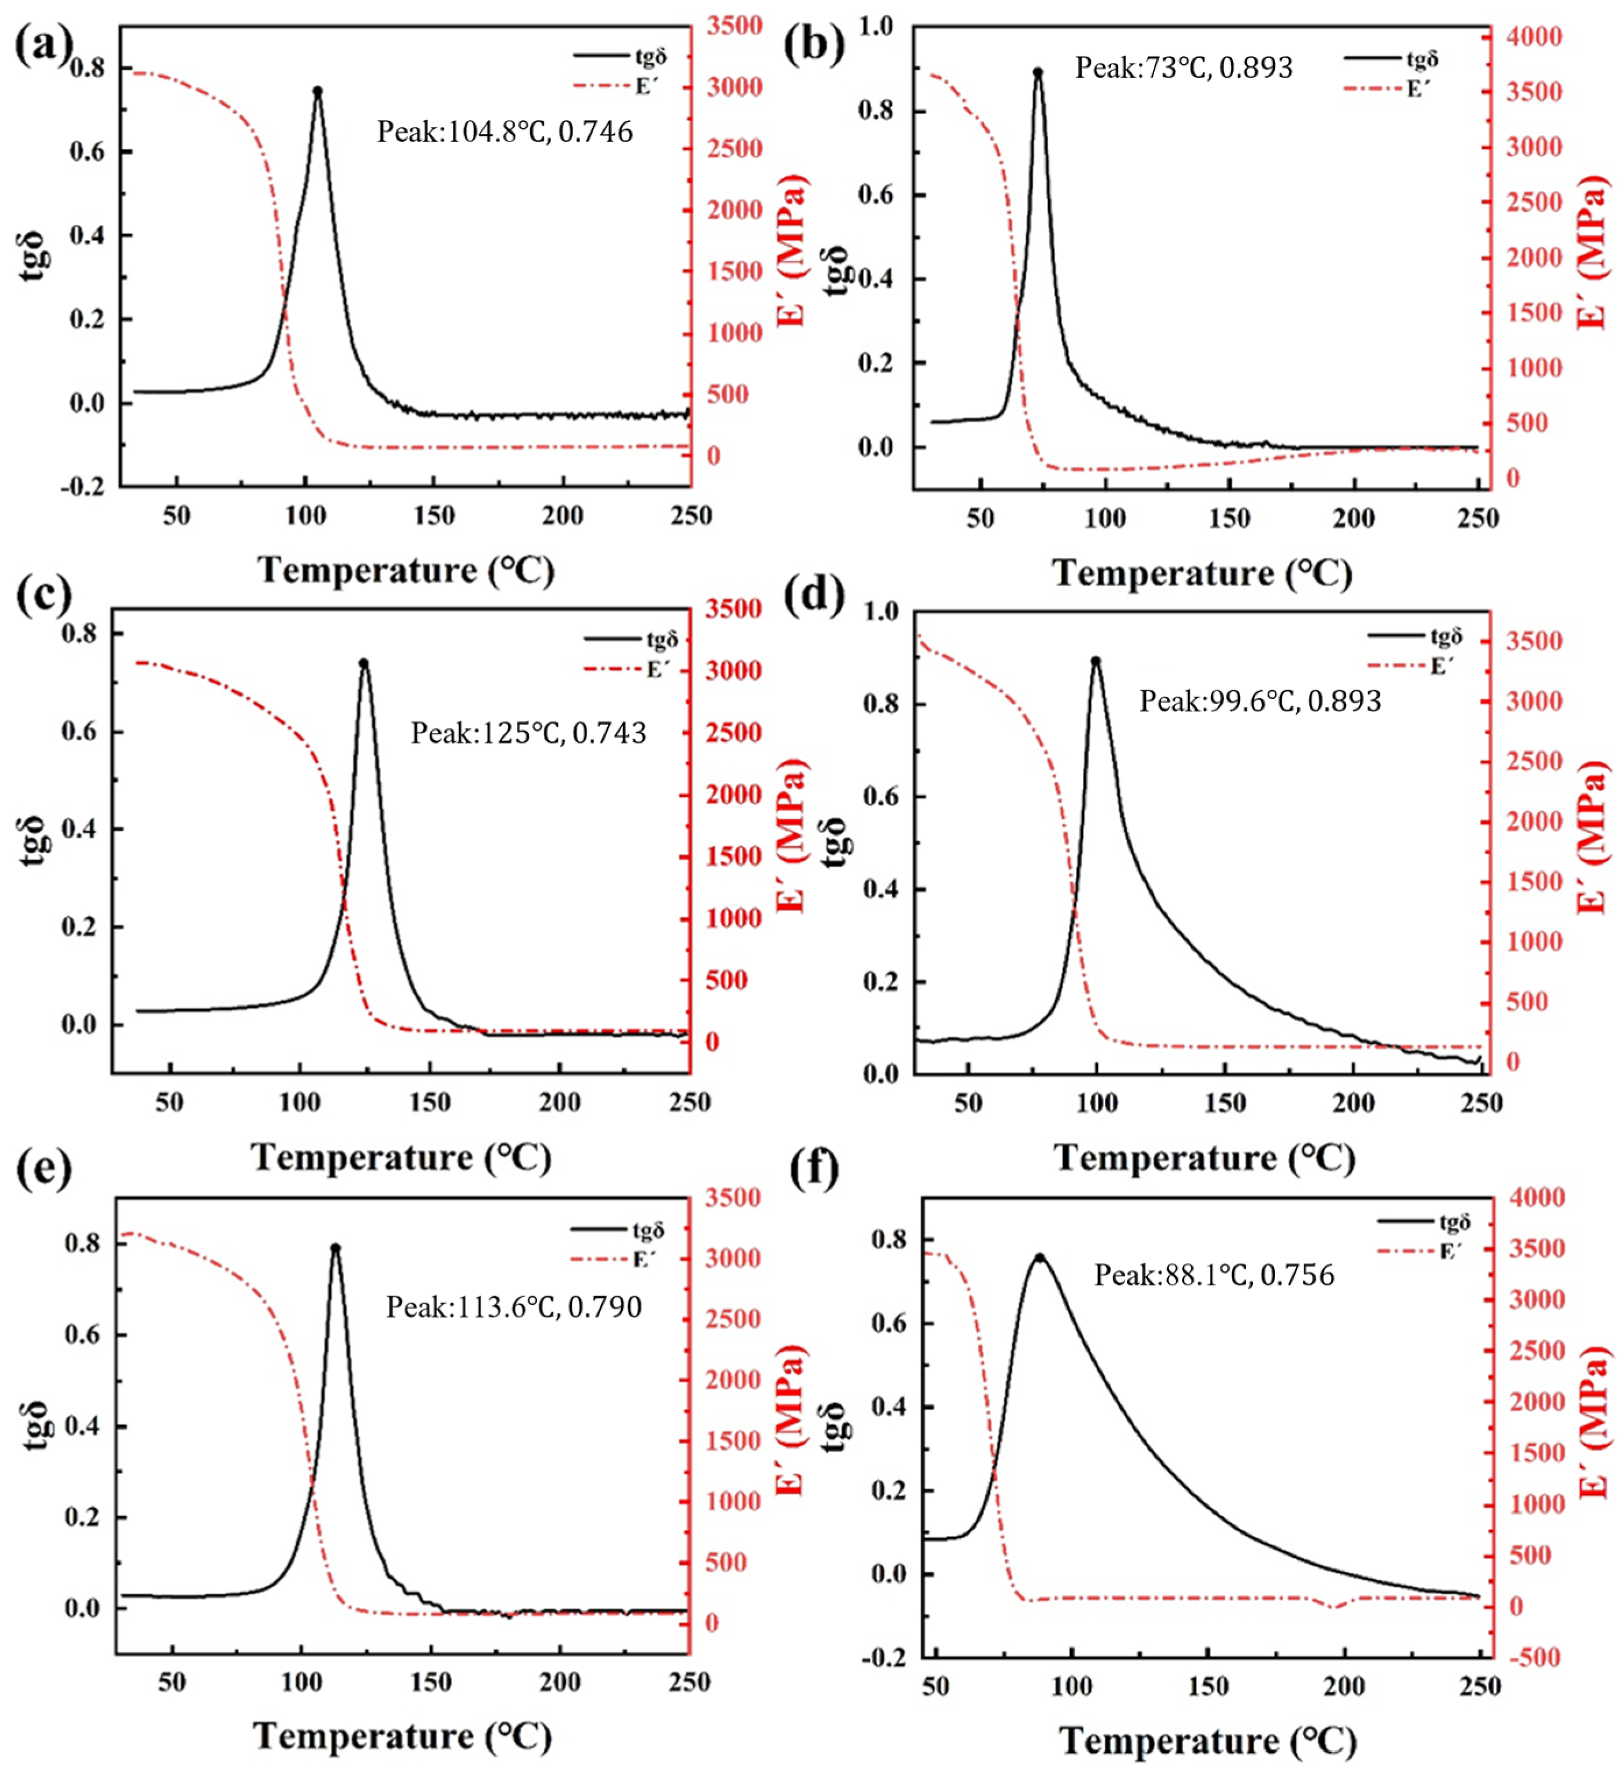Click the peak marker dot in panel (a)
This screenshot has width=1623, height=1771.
coord(318,90)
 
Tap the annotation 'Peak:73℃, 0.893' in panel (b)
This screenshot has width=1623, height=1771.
coord(1183,68)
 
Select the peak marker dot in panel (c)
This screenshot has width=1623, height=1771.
coord(364,663)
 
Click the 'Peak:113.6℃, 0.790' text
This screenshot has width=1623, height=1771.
coord(514,1307)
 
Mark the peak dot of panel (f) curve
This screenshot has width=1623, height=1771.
coord(1040,1258)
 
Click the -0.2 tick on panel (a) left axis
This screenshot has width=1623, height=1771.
coord(83,487)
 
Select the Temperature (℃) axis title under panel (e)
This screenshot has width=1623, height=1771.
coord(402,1736)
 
